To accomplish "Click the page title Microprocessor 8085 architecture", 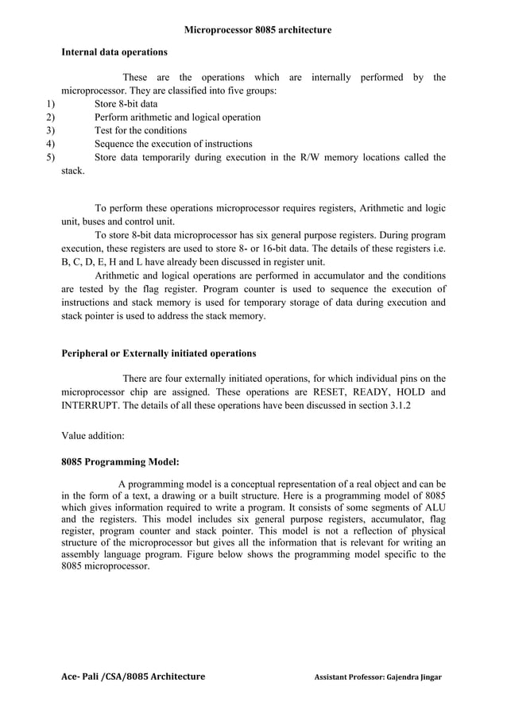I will click(257, 29).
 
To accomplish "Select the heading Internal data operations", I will click(114, 52).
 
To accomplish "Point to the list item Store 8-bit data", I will click(126, 104).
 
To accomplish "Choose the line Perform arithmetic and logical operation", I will click(177, 118).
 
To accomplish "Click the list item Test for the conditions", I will click(141, 130).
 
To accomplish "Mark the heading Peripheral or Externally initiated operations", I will click(159, 353).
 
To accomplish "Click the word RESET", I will click(328, 392).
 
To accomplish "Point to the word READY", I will click(372, 392).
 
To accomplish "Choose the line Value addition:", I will click(93, 435).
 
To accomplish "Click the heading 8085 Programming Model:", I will click(120, 461).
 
